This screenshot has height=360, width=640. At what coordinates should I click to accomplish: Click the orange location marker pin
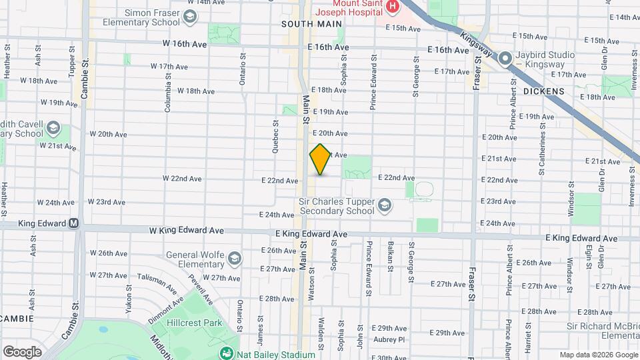coord(320,159)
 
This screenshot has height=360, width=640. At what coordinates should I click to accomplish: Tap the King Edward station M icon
coord(73,224)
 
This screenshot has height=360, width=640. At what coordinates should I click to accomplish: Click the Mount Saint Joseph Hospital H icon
coord(393,7)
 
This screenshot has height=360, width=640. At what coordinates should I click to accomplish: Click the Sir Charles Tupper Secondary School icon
coord(385,205)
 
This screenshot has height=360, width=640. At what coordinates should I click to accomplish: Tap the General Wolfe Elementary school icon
coord(234,258)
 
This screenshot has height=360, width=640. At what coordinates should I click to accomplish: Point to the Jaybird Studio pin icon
coord(506,59)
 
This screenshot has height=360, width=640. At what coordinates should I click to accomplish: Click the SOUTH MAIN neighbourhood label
coord(307,23)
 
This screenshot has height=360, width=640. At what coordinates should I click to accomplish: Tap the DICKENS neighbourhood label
coord(544,91)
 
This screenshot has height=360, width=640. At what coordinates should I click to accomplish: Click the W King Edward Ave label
coord(186,231)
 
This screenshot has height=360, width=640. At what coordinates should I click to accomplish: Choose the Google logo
coord(22,351)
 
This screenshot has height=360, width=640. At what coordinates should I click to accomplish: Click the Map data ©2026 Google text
coord(598,355)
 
